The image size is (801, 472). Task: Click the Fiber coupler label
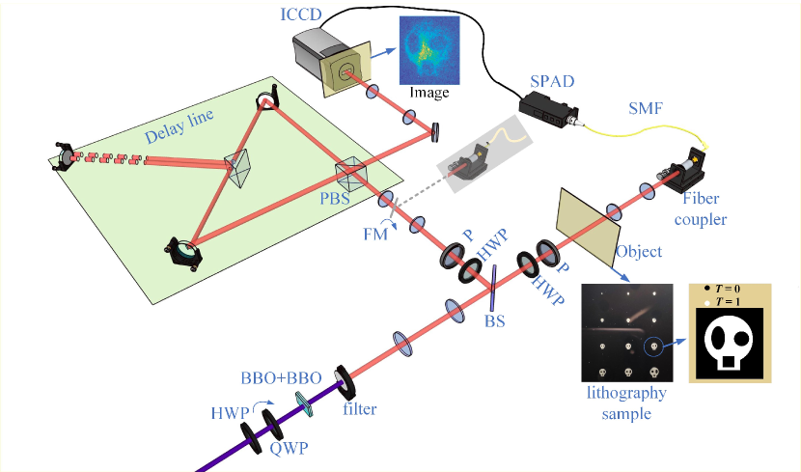pos(689,211)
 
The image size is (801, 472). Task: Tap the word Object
pos(639,252)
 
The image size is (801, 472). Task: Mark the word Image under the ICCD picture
pos(430,94)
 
